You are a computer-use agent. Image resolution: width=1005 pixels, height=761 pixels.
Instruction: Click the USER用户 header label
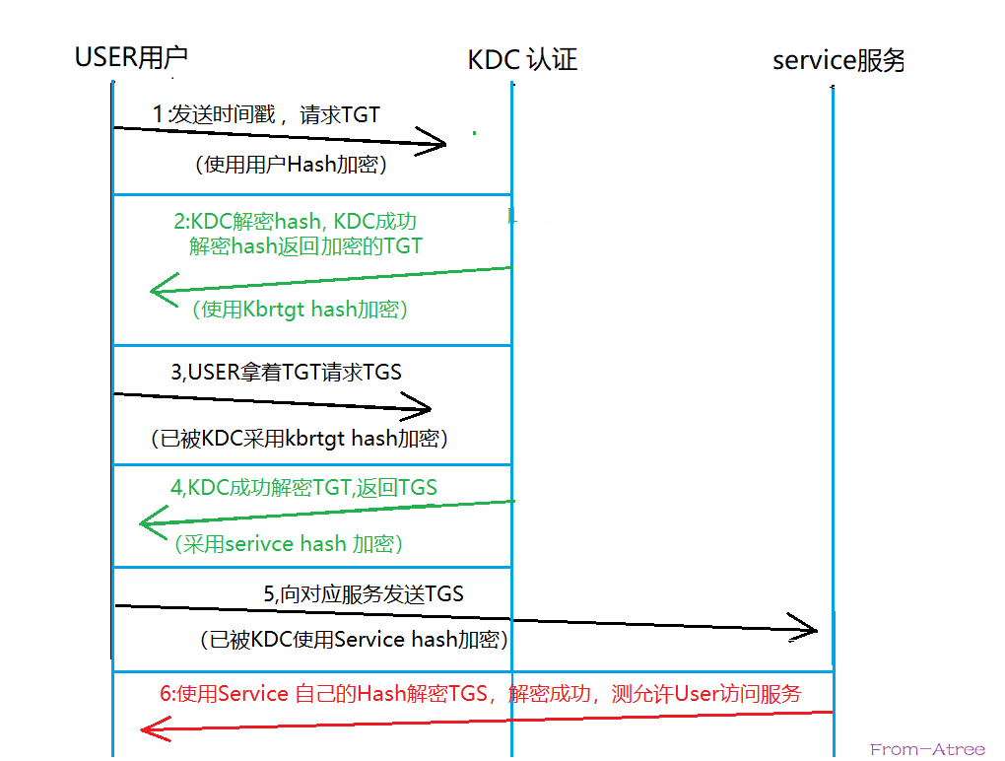coord(131,57)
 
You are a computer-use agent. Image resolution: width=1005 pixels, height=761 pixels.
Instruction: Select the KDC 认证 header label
coord(522,60)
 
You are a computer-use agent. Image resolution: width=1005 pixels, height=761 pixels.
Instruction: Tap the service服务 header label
coord(838,61)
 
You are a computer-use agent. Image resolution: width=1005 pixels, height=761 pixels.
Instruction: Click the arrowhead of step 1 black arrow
coord(435,142)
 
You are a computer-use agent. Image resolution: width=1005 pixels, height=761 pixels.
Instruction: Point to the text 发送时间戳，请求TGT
coord(266,115)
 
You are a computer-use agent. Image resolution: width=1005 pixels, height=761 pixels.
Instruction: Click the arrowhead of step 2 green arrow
coord(161,290)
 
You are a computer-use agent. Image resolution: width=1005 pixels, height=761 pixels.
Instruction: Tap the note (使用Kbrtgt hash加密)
coord(301,310)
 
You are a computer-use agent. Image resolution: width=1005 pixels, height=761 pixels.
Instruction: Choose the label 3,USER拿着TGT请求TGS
coord(286,373)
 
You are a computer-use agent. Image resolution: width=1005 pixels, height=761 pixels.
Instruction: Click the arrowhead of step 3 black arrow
coord(419,406)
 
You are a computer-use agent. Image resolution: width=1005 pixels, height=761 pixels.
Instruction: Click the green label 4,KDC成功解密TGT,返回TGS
coord(303,487)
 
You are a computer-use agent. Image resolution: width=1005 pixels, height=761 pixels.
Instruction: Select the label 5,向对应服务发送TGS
coord(363,594)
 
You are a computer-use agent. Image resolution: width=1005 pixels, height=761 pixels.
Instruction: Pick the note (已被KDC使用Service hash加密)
coord(353,640)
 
